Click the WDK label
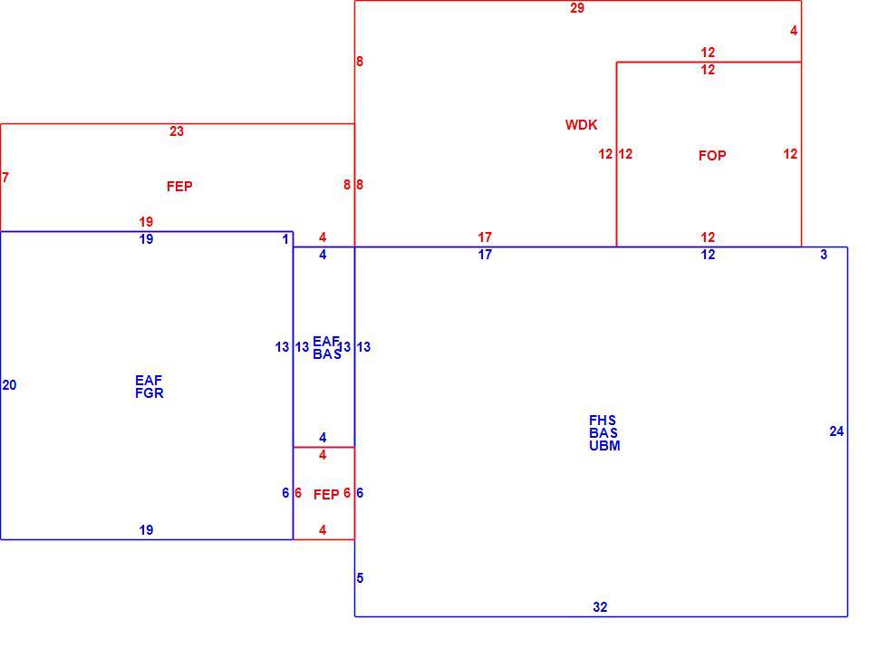581,125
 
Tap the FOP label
712,155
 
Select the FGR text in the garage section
150,393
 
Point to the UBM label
604,446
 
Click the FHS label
603,421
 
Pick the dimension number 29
577,8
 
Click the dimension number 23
177,131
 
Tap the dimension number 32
600,607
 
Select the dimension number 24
836,431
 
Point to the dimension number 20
10,385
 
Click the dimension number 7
5,178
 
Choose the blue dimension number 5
361,578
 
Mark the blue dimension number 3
824,255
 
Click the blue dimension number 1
285,239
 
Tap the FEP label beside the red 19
179,187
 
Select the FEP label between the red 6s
327,495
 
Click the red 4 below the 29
794,31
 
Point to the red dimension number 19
146,222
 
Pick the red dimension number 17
485,237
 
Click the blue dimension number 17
485,255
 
